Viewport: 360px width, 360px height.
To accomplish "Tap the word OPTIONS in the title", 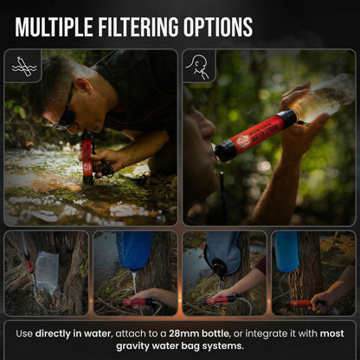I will [x=222, y=27].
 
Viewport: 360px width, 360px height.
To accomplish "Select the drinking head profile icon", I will [x=199, y=66].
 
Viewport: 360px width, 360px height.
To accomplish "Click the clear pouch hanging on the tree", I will [x=47, y=270].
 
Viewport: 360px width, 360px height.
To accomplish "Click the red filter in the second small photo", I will [x=138, y=302].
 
